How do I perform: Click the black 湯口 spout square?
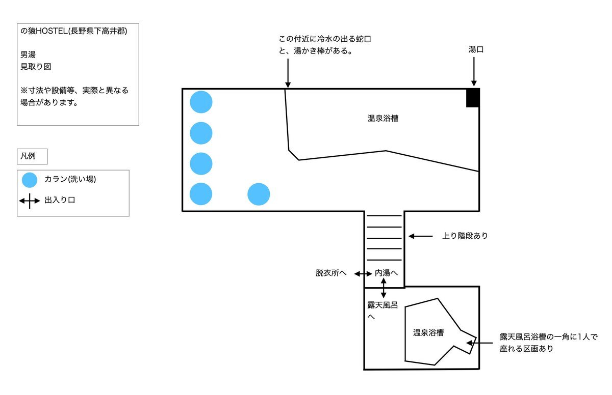point(473,98)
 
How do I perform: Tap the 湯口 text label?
point(476,49)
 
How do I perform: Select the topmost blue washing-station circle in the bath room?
point(201,102)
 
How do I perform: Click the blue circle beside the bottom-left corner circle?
point(259,194)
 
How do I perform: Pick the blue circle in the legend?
point(30,180)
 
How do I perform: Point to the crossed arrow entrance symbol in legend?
point(30,201)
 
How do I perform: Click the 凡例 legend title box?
point(32,156)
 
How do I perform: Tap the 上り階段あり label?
point(465,236)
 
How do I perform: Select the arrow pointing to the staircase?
point(420,236)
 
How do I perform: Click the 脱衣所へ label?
point(331,273)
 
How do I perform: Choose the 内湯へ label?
point(386,273)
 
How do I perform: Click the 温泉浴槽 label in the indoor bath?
point(383,118)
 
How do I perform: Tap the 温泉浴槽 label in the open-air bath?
point(428,332)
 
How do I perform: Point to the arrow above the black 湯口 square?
point(474,72)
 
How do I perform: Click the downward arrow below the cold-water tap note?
point(288,73)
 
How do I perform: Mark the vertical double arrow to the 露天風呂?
point(384,288)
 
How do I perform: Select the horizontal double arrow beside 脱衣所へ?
point(363,274)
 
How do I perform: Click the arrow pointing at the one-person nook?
point(479,343)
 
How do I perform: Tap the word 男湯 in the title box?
point(28,55)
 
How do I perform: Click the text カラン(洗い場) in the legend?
point(70,179)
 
